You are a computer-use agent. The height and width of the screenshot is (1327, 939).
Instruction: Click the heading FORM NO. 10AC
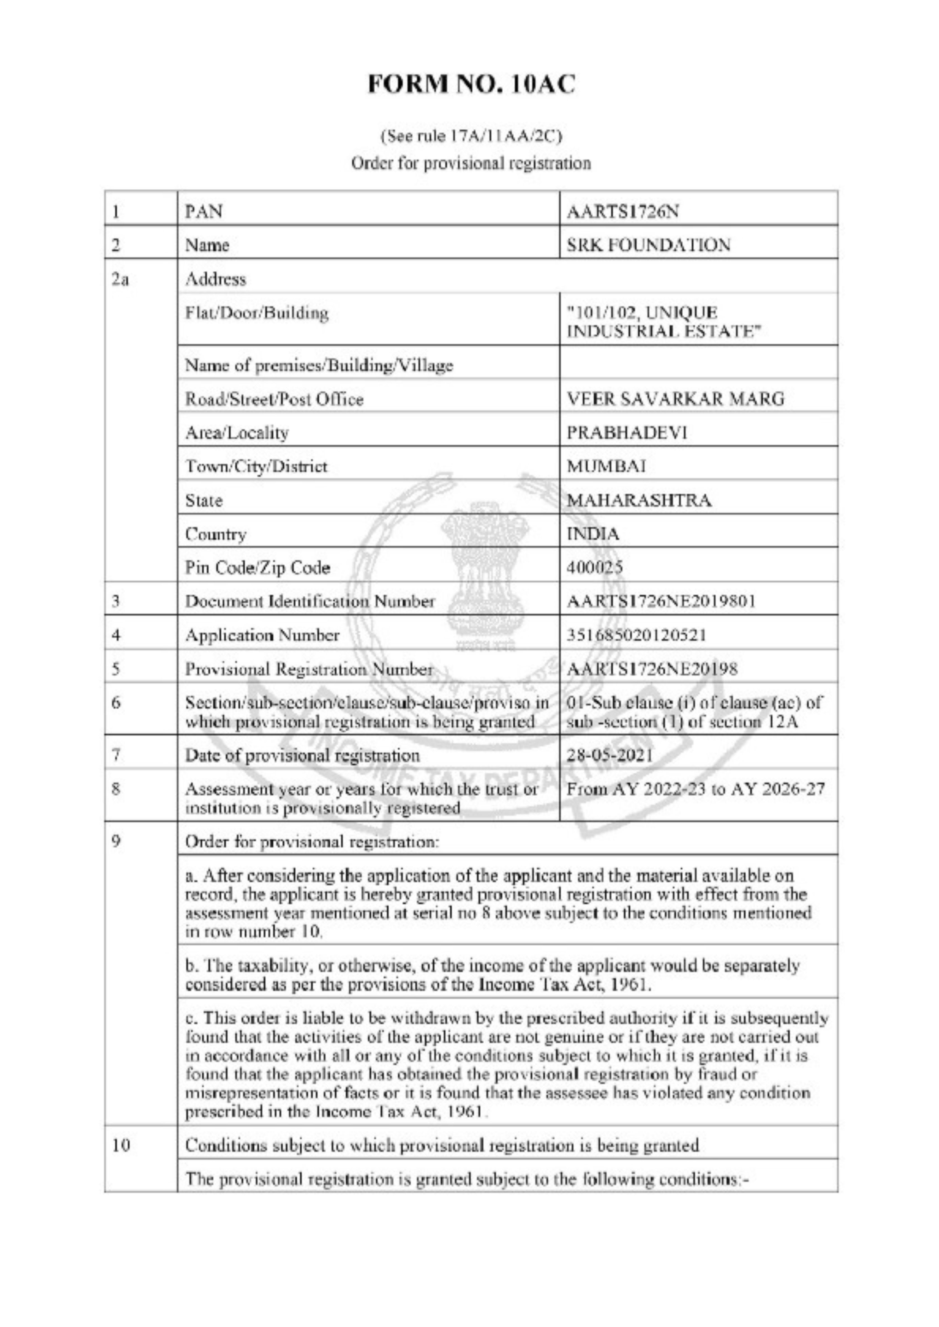pyautogui.click(x=472, y=85)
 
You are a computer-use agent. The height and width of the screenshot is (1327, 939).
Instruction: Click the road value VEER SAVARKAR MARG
pyautogui.click(x=675, y=399)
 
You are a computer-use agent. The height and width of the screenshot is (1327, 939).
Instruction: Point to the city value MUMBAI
pyautogui.click(x=607, y=466)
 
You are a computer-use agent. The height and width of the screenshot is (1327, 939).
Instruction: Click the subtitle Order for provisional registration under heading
pyautogui.click(x=471, y=163)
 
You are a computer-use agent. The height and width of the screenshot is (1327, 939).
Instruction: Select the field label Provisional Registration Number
pyautogui.click(x=309, y=669)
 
